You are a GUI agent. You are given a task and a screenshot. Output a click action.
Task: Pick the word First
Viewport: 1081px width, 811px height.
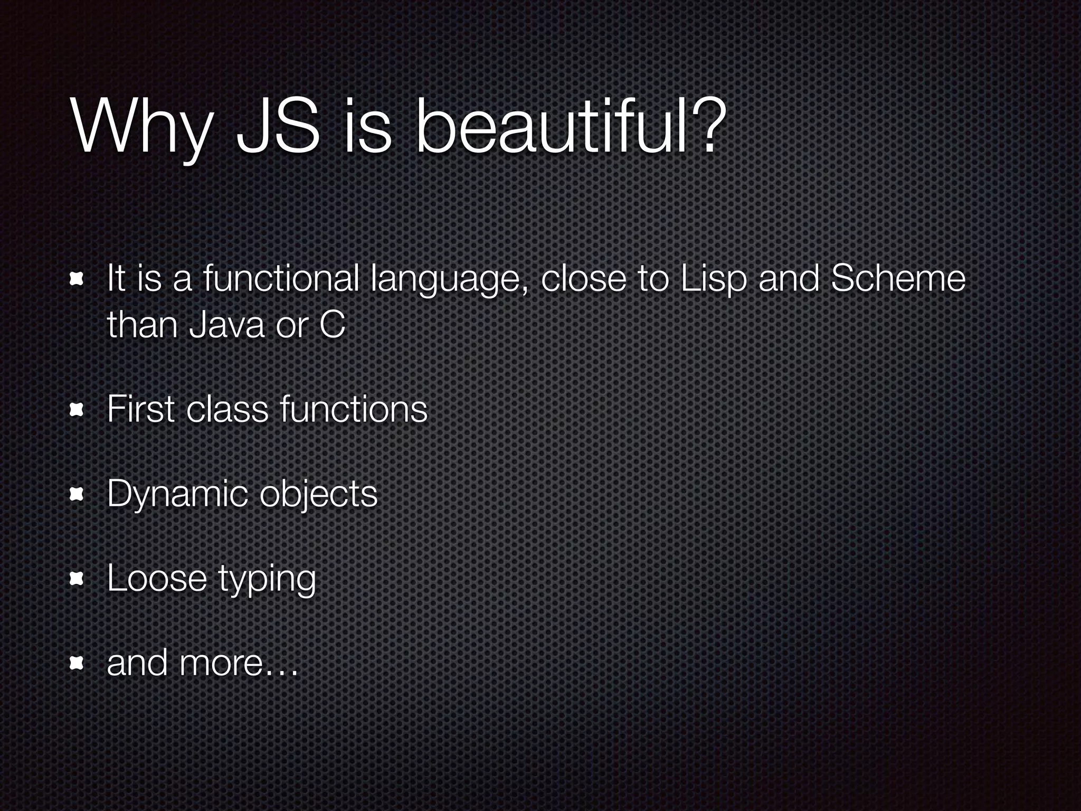click(140, 409)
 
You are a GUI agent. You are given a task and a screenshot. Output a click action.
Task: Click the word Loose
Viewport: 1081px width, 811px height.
click(156, 578)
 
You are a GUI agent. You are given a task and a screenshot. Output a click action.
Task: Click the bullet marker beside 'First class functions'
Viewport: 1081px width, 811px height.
click(77, 410)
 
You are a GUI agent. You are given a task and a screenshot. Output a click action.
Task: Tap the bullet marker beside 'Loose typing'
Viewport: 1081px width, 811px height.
click(77, 579)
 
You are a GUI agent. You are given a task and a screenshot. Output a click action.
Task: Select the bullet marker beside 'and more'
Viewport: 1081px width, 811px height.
click(77, 663)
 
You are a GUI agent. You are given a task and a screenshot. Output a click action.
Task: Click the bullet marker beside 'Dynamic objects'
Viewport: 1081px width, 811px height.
click(77, 494)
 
